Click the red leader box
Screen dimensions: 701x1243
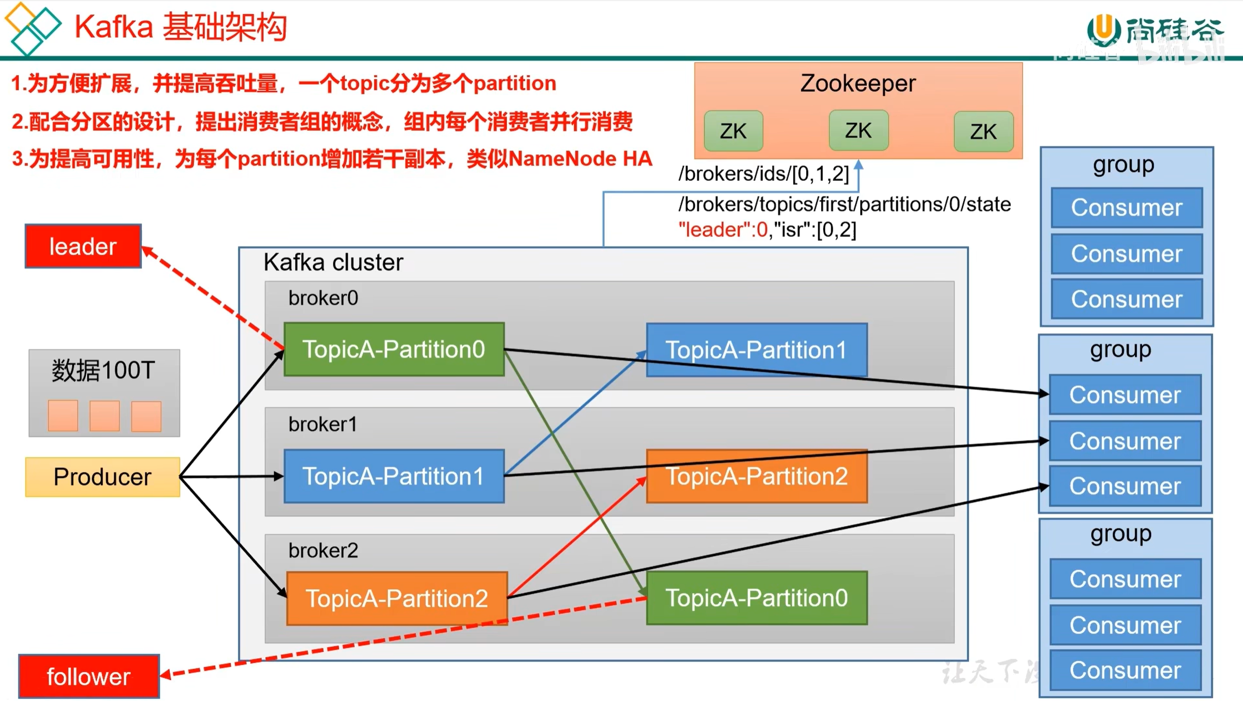coord(83,246)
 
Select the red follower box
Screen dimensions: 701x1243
coord(89,676)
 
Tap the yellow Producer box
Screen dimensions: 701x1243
coord(103,477)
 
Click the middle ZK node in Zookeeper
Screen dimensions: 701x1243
coord(858,131)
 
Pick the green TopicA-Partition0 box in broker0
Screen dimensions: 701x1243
coord(394,349)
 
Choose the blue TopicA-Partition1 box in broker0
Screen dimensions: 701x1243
coord(757,350)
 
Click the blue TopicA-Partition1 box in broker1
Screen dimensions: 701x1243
coord(394,476)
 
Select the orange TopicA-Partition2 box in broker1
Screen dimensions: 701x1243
coord(757,476)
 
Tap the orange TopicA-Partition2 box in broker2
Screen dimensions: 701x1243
coord(397,598)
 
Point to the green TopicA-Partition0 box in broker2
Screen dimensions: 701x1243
coord(757,598)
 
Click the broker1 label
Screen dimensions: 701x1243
coord(323,424)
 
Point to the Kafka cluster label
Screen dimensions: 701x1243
coord(333,262)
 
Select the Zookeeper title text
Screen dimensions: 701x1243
coord(858,83)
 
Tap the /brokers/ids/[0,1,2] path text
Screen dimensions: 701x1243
coord(764,174)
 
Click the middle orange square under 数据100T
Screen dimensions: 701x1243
coord(104,415)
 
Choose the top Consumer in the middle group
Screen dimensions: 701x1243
coord(1125,395)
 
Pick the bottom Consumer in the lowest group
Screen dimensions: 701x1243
coord(1125,670)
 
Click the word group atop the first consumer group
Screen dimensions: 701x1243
coord(1124,164)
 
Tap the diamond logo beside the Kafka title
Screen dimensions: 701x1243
coord(33,28)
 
